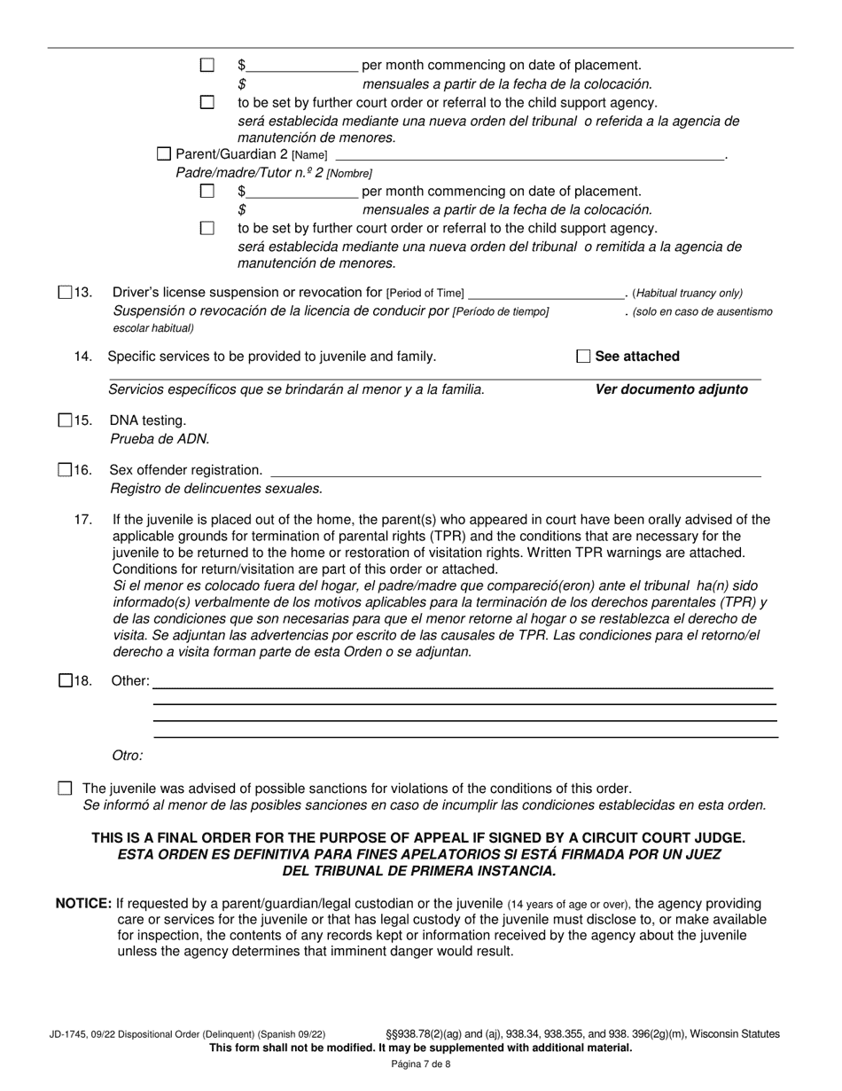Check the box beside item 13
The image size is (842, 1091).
[x=65, y=293]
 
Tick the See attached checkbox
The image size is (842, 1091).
[x=583, y=357]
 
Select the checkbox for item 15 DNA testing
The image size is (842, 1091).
[x=65, y=420]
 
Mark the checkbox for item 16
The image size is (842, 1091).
[x=65, y=470]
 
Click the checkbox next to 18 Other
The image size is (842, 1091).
[x=65, y=681]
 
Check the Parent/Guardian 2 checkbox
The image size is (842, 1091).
[x=164, y=154]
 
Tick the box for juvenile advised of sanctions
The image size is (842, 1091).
[x=65, y=789]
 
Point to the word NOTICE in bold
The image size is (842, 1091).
[x=83, y=903]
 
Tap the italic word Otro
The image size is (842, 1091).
[x=128, y=756]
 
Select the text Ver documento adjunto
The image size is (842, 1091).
[x=671, y=389]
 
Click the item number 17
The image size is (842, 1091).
[x=83, y=520]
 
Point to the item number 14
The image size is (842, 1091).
[x=83, y=357]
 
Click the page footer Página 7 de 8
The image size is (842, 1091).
[x=421, y=1064]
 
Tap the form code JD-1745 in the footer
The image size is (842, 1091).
[x=69, y=1034]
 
